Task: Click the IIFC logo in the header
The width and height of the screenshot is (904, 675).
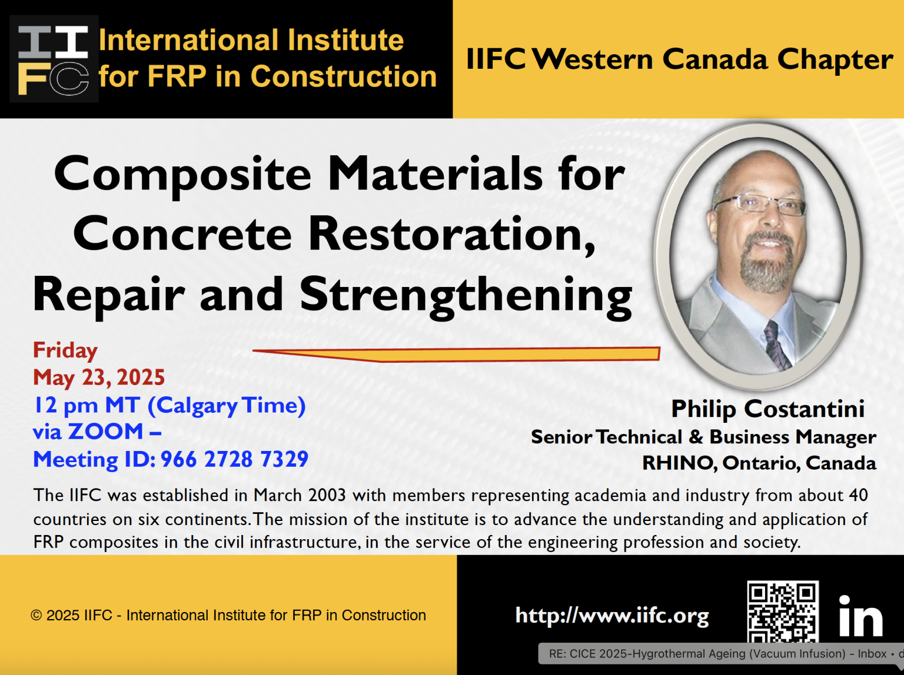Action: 54,59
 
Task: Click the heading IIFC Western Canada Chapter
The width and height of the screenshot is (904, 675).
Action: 679,59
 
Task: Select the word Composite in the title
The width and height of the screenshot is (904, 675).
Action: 182,174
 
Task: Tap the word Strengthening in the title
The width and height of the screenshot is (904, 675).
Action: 466,295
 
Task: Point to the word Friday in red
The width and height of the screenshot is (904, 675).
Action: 65,350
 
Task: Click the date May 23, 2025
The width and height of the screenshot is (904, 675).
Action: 99,377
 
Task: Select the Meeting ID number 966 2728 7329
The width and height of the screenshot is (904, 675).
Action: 234,459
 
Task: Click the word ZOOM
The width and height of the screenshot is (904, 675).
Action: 106,432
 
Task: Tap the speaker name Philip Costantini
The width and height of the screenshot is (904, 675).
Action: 767,409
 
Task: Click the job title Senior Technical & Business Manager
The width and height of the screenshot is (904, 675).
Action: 703,437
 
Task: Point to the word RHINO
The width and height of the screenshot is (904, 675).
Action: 678,463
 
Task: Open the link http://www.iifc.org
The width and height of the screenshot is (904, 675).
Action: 612,616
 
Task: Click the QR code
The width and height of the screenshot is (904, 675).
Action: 782,611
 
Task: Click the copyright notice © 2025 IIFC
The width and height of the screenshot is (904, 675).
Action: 228,616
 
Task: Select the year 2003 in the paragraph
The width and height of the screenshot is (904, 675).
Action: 327,495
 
